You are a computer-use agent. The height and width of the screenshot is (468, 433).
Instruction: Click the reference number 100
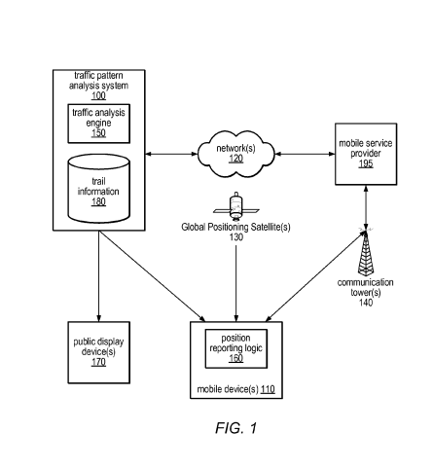coord(98,95)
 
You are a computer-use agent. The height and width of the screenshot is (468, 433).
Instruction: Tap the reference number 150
coord(98,133)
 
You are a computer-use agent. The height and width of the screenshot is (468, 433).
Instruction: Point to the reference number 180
coord(98,201)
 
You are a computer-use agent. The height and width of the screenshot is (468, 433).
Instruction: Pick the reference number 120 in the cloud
coord(236,159)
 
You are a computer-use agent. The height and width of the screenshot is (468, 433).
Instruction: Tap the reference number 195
coord(366,163)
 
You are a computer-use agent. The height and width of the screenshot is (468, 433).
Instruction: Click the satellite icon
coord(236,205)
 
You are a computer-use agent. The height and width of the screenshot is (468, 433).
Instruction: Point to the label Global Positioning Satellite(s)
coord(235,227)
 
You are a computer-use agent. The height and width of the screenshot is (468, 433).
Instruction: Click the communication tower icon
coord(366,251)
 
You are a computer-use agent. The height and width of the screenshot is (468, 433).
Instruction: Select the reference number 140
coord(366,303)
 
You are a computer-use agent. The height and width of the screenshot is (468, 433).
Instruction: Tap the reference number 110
coord(268,389)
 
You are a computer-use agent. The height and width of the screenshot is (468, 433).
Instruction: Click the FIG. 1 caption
coord(236,428)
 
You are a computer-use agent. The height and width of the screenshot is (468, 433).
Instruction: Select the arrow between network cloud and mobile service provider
coord(305,154)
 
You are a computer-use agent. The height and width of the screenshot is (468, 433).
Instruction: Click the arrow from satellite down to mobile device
coord(236,283)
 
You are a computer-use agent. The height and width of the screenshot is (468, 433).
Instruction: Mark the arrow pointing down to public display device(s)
coord(99,276)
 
